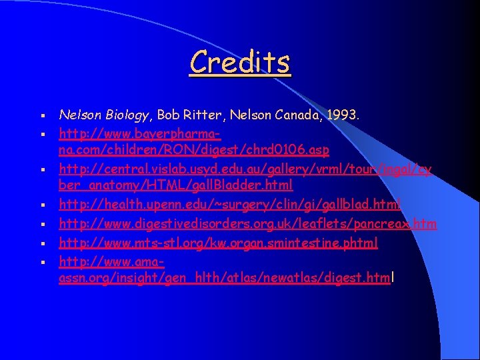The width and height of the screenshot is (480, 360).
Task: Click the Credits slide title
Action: (x=240, y=63)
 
